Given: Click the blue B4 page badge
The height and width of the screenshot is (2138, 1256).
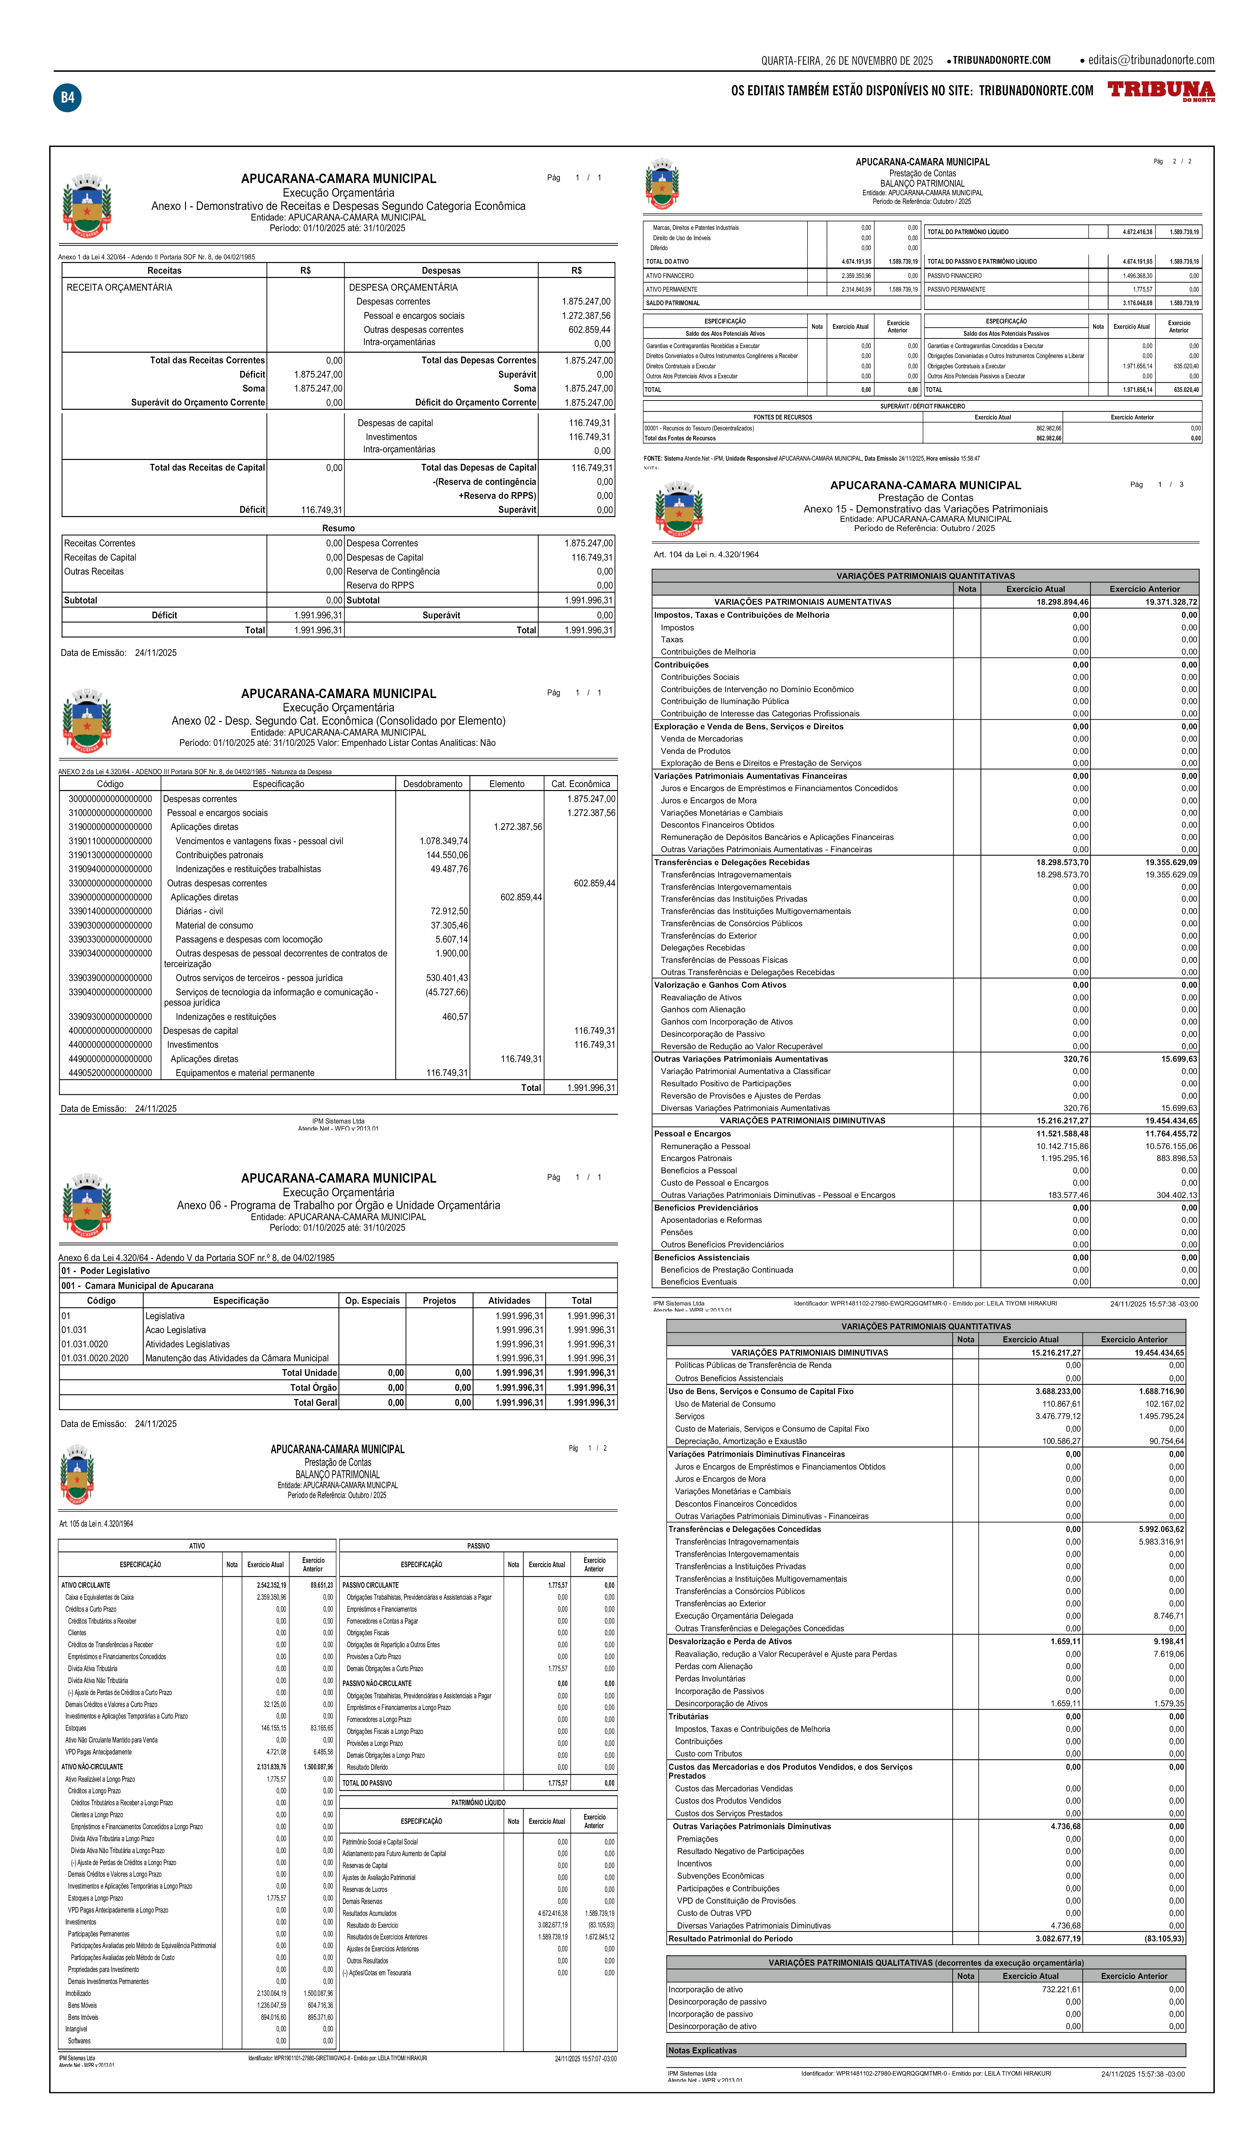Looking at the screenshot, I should click(x=67, y=98).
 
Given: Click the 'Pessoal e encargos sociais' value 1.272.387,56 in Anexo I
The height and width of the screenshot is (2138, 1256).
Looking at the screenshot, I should click(x=585, y=315).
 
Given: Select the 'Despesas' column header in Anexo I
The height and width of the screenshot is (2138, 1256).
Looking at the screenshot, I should click(x=441, y=271).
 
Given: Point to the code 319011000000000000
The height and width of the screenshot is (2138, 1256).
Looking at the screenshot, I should click(x=110, y=841).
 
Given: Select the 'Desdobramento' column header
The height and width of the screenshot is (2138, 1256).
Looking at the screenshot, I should click(x=433, y=784).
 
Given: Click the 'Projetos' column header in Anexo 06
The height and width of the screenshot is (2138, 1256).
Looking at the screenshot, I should click(x=440, y=1300).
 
